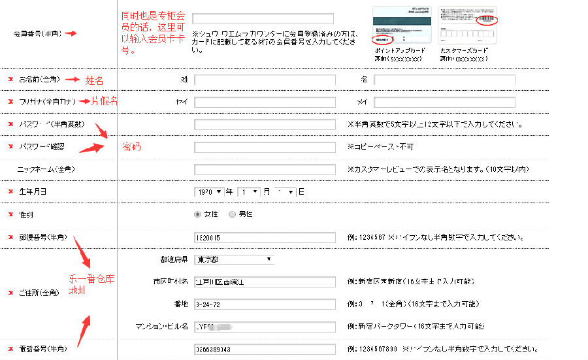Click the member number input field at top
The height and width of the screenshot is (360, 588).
tap(263, 19)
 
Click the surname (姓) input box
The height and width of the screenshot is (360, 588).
tap(265, 80)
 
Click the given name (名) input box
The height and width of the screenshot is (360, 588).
tap(444, 80)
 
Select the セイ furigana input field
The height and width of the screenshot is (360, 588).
tap(265, 102)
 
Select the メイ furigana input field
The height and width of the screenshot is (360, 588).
tap(444, 102)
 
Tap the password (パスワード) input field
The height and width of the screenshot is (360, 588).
tap(265, 124)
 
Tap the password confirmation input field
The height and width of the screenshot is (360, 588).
tap(265, 147)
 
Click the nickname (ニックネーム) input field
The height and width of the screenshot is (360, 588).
tap(265, 169)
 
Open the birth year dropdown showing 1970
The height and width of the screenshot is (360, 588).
tap(209, 192)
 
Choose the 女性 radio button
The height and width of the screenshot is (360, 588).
tap(198, 214)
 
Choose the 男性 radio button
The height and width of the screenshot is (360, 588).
tap(232, 214)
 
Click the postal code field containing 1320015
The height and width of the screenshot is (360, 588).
tap(265, 237)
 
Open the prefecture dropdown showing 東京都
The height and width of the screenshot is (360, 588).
tap(233, 259)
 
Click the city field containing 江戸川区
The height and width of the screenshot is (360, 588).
tap(265, 282)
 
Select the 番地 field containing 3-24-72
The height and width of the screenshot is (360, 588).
tap(265, 304)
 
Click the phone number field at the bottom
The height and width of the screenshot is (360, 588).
tap(265, 350)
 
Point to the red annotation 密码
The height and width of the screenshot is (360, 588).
tap(131, 146)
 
